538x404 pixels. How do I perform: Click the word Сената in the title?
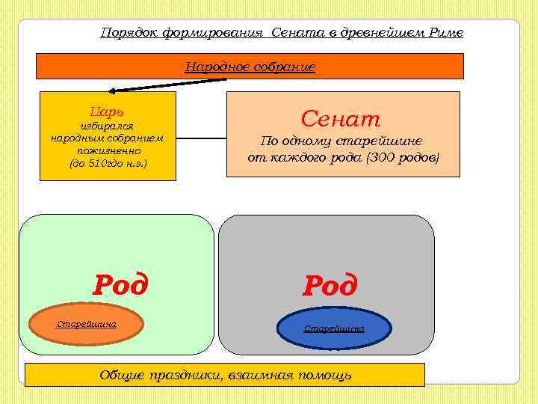(297, 33)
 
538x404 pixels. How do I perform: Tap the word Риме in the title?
(447, 33)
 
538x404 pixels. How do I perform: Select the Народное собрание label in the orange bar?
(250, 67)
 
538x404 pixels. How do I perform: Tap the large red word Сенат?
(341, 118)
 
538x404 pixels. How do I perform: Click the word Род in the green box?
(120, 284)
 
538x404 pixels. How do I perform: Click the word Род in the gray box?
(330, 286)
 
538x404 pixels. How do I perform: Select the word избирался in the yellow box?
(107, 126)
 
